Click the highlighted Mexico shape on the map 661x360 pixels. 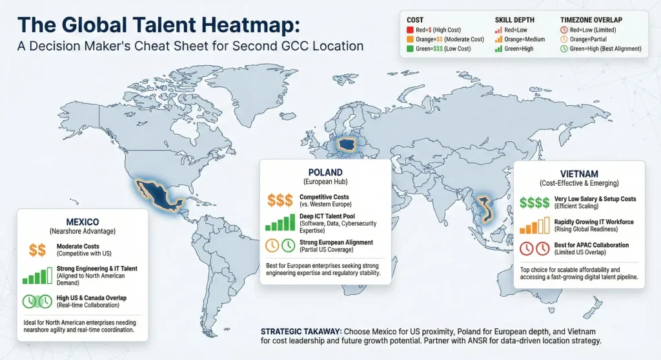(x=156, y=192)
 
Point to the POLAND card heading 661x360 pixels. (x=325, y=172)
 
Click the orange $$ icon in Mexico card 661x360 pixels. (x=37, y=250)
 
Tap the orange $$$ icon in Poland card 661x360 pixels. (x=280, y=199)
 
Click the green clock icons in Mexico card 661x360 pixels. (x=37, y=301)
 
